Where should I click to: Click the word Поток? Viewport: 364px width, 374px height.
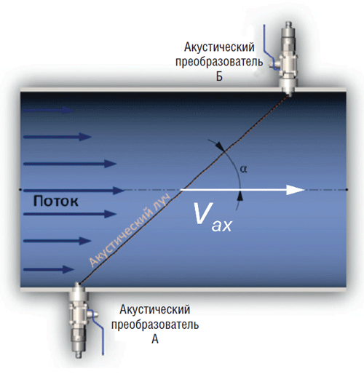click(55, 202)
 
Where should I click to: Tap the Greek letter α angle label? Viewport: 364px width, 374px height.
click(243, 169)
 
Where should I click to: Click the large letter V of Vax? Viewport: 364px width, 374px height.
click(203, 213)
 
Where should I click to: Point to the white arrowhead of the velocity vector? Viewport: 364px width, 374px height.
click(296, 190)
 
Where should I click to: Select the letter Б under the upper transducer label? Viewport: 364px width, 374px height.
click(219, 76)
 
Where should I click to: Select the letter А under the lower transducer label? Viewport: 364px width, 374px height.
click(155, 339)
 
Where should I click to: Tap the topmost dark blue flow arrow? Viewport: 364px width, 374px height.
click(48, 111)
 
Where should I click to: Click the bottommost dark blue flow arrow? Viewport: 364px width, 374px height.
click(49, 269)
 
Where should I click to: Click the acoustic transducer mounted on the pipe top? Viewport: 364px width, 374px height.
click(287, 59)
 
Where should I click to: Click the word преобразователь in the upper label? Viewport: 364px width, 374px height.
click(219, 62)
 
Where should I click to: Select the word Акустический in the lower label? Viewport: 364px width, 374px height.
click(155, 310)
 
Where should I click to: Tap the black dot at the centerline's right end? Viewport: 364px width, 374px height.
click(347, 189)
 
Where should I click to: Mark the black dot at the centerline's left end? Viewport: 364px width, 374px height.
click(20, 189)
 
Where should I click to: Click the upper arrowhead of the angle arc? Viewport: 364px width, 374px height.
click(220, 145)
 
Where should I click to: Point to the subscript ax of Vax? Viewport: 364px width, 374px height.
click(222, 226)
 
